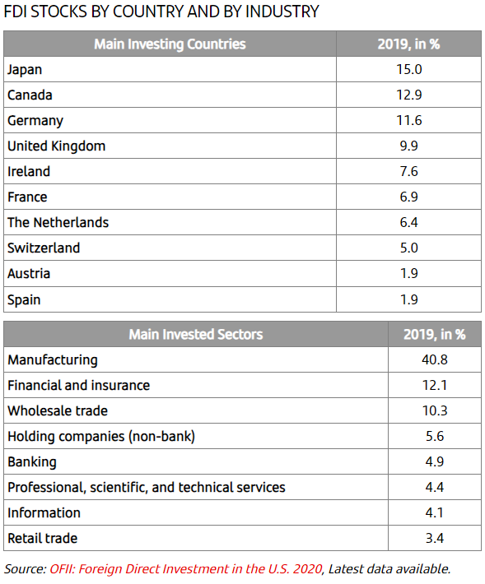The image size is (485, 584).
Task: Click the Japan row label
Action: click(x=25, y=70)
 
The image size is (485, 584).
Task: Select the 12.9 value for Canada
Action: click(x=409, y=95)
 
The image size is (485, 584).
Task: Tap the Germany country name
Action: click(x=35, y=121)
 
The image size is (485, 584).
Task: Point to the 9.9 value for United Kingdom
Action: click(x=409, y=146)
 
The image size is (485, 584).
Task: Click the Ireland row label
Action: click(x=29, y=171)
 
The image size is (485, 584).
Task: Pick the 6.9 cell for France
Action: click(x=409, y=197)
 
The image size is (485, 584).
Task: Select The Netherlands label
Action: click(x=58, y=222)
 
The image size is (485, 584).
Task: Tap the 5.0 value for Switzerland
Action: click(x=409, y=248)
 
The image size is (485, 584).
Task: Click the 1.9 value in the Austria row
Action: click(x=409, y=273)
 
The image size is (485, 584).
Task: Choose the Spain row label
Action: click(x=24, y=300)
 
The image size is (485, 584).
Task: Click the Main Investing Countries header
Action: click(x=170, y=44)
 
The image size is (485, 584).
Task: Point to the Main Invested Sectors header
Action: click(x=196, y=335)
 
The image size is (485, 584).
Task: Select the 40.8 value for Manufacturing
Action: click(x=435, y=359)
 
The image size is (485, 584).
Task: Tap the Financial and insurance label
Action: click(x=79, y=385)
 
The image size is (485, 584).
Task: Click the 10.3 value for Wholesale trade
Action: click(x=435, y=410)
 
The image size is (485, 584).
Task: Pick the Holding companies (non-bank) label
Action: click(x=101, y=437)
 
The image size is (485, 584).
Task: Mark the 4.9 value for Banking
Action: click(x=435, y=461)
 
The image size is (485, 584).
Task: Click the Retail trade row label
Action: click(x=43, y=538)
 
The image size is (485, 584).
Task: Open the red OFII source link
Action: click(x=185, y=569)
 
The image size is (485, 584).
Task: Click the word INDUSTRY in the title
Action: click(x=282, y=12)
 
